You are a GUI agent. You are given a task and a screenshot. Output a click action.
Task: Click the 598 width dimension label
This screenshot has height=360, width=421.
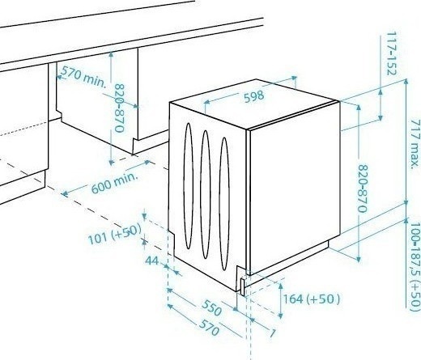click(x=253, y=96)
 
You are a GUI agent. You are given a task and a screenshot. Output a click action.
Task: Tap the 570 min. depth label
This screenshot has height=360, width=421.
click(x=83, y=77)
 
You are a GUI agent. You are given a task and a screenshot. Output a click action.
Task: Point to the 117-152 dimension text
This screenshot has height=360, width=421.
click(x=391, y=53)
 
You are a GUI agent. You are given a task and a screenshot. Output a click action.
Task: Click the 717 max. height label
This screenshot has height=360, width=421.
click(x=415, y=144)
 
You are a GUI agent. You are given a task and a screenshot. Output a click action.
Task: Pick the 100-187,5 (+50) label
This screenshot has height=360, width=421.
click(x=415, y=266)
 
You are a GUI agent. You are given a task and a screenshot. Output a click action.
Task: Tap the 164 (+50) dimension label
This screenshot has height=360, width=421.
click(x=311, y=299)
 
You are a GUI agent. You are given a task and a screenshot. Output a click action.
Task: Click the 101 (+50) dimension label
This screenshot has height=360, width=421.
click(x=115, y=234)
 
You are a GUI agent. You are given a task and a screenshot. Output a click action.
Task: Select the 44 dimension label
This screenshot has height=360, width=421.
click(x=152, y=260)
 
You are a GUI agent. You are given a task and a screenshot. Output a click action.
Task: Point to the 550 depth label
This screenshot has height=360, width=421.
click(x=211, y=307)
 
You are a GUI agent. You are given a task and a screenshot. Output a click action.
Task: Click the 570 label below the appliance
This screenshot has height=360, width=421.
click(x=209, y=327)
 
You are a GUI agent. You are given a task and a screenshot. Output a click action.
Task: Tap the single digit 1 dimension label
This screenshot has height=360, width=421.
click(x=273, y=333)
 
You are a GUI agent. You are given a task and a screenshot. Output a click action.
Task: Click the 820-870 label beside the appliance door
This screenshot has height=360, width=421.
click(x=363, y=188)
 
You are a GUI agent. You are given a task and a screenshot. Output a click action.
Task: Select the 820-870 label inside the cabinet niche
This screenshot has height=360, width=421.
click(x=119, y=108)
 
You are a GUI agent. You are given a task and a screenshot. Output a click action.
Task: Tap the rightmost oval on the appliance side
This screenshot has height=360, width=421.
click(x=224, y=204)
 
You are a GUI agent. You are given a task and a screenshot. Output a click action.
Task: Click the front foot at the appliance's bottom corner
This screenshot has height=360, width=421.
click(x=243, y=287)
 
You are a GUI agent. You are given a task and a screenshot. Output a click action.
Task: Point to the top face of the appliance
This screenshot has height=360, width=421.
click(x=254, y=104)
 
